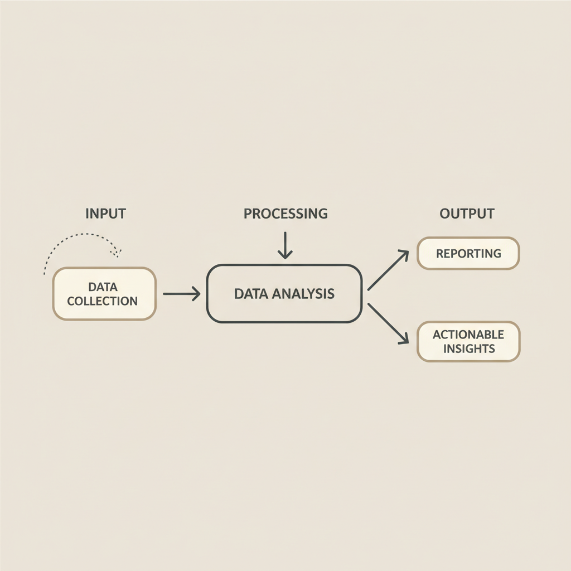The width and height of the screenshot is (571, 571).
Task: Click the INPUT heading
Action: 105,214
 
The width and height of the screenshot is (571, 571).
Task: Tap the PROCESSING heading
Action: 285,214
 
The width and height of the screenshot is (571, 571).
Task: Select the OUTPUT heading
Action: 467,214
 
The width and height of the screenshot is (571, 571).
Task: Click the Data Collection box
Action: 104,294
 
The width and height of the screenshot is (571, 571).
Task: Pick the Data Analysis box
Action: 284,294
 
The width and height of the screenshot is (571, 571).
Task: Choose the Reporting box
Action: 468,254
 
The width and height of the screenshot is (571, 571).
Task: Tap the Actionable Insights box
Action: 468,341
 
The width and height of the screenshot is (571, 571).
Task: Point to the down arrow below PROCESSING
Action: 285,245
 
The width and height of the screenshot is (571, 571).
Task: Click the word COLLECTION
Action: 103,301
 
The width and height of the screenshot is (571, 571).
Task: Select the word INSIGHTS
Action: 468,349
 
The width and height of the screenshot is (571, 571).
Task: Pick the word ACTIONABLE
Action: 468,335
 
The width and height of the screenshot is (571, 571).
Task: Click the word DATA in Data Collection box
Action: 103,287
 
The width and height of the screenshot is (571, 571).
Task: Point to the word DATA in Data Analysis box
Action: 250,294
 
